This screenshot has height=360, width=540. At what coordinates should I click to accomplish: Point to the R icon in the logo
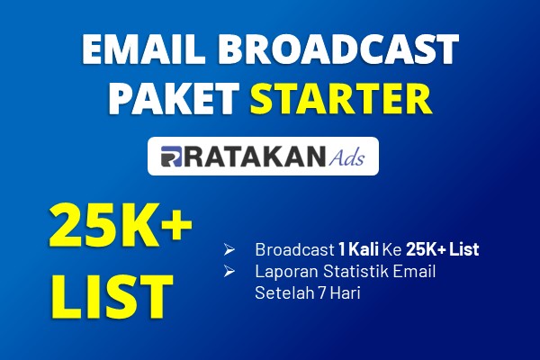pyautogui.click(x=171, y=157)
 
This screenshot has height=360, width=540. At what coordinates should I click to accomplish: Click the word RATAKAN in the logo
pyautogui.click(x=254, y=157)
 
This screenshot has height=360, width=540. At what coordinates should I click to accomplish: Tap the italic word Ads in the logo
pyautogui.click(x=346, y=157)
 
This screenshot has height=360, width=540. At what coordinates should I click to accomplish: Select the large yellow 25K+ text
pyautogui.click(x=121, y=225)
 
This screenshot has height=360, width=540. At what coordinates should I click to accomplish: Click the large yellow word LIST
pyautogui.click(x=112, y=296)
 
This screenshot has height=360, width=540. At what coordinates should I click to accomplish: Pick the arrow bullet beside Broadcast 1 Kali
pyautogui.click(x=229, y=249)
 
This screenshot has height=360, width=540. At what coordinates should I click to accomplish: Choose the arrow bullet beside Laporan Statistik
pyautogui.click(x=229, y=271)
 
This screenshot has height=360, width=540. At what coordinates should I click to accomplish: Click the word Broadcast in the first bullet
pyautogui.click(x=295, y=249)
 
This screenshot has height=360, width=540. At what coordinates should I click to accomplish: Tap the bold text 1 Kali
pyautogui.click(x=359, y=249)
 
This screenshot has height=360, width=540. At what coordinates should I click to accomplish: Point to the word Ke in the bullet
pyautogui.click(x=392, y=249)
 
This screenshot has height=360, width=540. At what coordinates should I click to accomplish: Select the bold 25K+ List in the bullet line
pyautogui.click(x=443, y=249)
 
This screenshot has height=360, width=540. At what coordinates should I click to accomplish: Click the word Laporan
pyautogui.click(x=286, y=271)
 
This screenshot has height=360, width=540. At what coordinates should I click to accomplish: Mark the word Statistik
pyautogui.click(x=356, y=271)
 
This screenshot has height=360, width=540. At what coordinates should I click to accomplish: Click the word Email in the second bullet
pyautogui.click(x=415, y=271)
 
